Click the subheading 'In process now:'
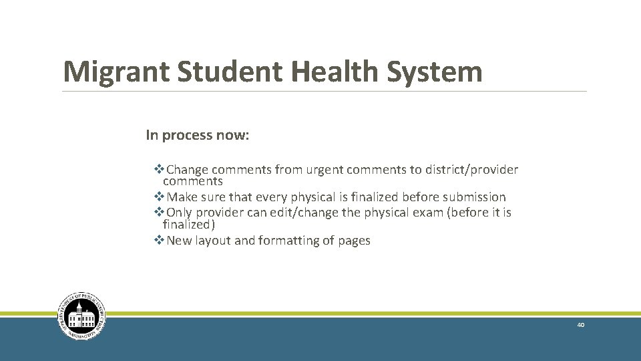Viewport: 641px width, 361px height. [198, 135]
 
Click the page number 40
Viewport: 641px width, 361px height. [581, 325]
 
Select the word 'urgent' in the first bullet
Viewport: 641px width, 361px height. [324, 170]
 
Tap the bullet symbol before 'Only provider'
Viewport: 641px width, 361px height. [159, 213]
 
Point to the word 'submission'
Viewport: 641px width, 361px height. [474, 197]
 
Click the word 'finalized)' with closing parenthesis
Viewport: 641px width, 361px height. [189, 225]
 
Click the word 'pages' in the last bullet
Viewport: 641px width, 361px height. [355, 241]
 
